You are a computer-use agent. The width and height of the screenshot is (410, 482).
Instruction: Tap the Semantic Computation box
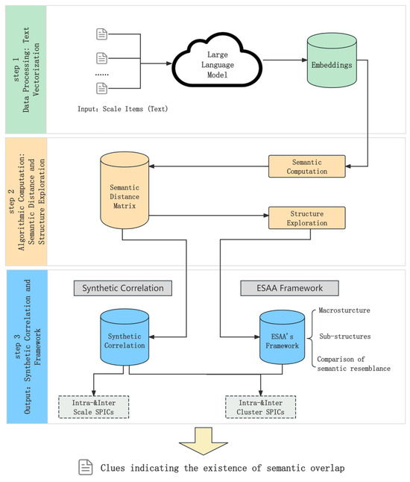click(307, 166)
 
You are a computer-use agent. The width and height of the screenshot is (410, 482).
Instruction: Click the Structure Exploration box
click(306, 217)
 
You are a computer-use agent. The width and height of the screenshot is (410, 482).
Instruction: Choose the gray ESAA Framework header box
click(289, 287)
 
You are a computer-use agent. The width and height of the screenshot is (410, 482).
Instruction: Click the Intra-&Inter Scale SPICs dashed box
click(94, 406)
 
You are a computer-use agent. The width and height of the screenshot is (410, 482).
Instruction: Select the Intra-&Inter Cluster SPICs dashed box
click(262, 406)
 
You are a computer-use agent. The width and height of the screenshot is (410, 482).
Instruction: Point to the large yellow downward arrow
click(205, 440)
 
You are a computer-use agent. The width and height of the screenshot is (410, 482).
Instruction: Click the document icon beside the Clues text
click(86, 467)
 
